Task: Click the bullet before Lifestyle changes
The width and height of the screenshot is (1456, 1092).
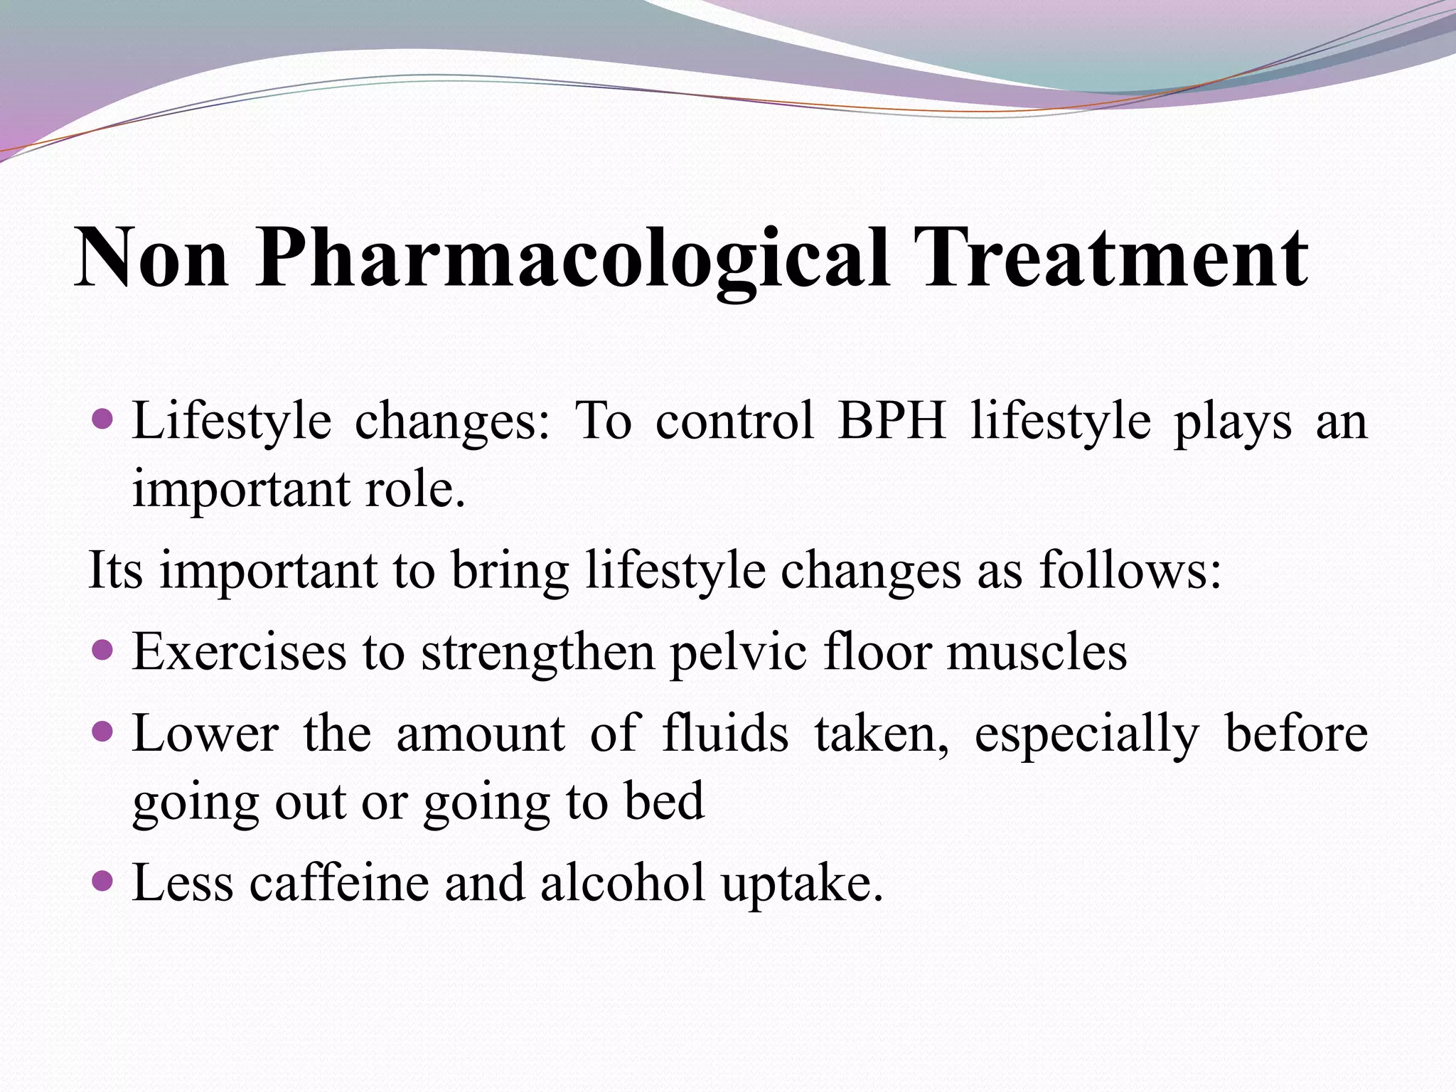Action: tap(103, 419)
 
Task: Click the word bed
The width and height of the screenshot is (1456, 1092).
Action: tap(664, 801)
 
